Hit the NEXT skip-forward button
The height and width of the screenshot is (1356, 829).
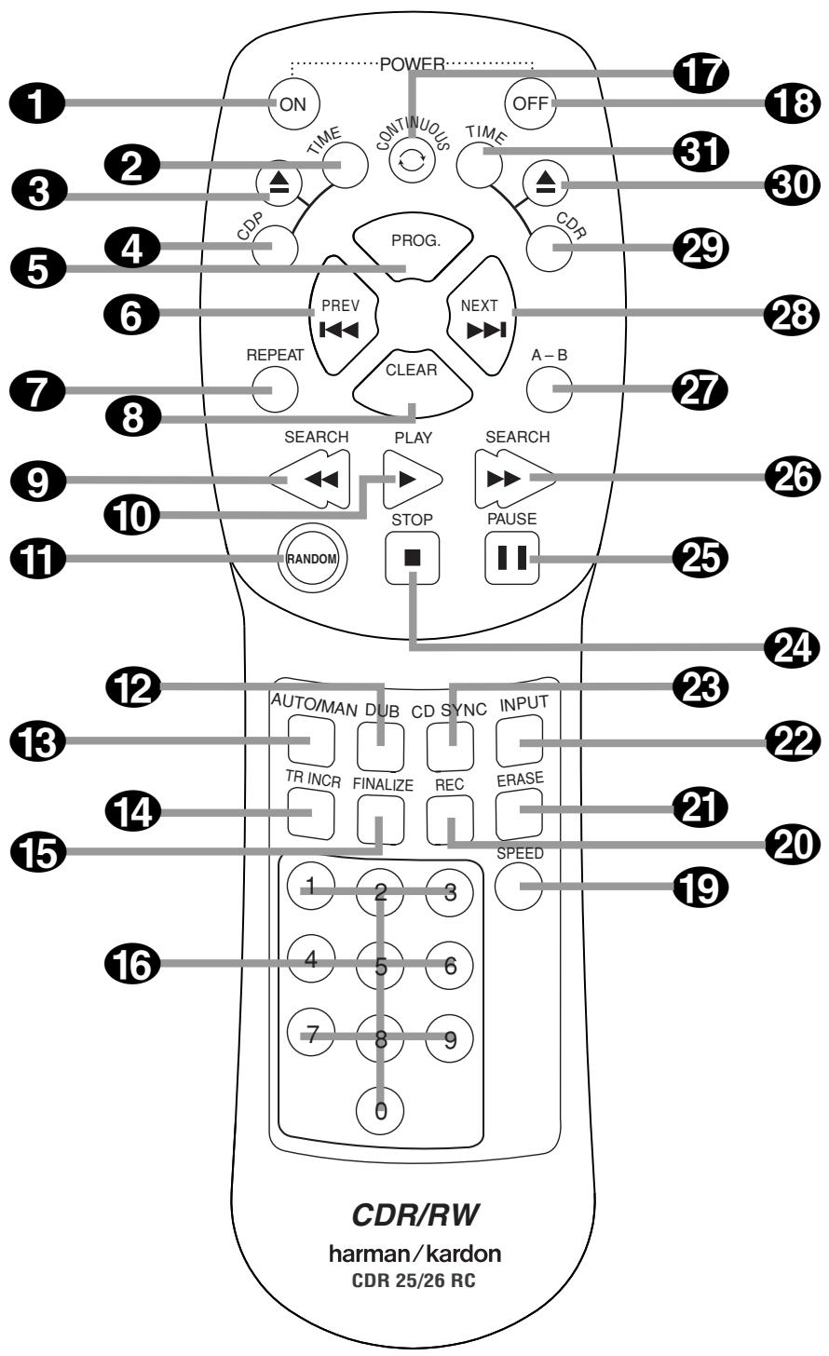point(481,318)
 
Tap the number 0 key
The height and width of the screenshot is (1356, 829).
point(381,1109)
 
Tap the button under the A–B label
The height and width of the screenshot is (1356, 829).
point(548,387)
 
